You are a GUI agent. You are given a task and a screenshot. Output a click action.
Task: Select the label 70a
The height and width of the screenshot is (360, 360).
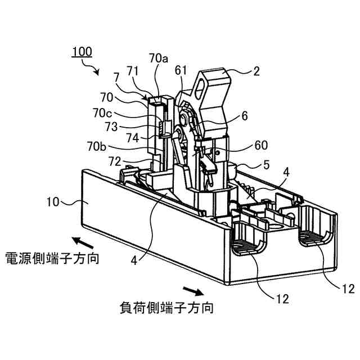tap(159, 57)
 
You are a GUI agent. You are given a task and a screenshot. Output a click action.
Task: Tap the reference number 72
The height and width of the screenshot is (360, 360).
tap(114, 161)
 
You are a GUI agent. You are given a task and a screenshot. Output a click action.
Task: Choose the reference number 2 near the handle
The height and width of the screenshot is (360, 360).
tap(256, 71)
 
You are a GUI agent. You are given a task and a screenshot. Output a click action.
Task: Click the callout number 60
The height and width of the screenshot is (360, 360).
tap(261, 145)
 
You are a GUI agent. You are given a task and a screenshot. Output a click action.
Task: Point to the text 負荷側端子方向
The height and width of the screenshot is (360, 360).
tap(166, 308)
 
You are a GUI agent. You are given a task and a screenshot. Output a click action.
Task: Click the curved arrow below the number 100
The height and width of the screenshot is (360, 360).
tap(92, 68)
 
